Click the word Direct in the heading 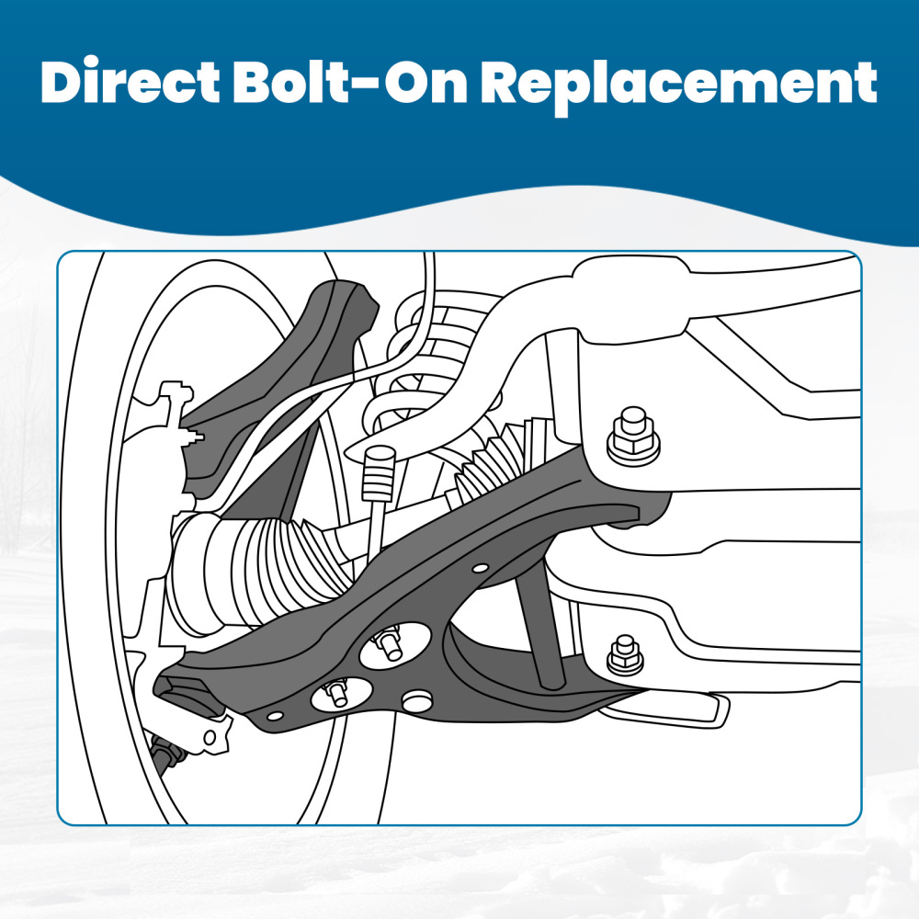click(130, 82)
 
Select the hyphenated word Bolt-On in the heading click(350, 82)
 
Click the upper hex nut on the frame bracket click(633, 436)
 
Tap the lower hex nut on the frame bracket click(625, 654)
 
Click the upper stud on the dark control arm click(391, 644)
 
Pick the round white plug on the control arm click(416, 700)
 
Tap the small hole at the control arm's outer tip click(274, 716)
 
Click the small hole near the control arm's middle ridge click(480, 568)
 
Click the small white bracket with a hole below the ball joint click(210, 734)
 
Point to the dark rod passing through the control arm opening click(539, 625)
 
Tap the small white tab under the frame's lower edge click(668, 709)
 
